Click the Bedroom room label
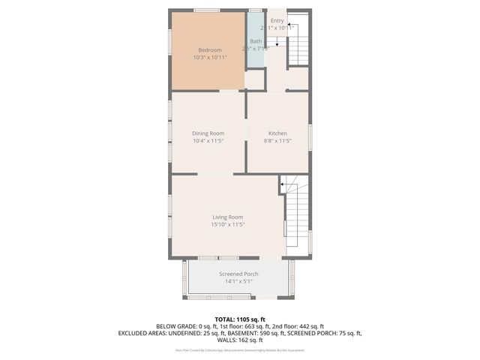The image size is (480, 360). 210,49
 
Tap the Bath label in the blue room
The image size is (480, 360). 256,41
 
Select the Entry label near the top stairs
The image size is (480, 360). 277,21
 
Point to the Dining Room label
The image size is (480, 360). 208,133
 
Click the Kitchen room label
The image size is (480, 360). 277,133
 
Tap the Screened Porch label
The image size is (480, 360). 238,274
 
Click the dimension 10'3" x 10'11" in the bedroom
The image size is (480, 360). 210,57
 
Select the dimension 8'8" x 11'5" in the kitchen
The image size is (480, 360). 277,140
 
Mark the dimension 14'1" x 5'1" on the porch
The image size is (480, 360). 238,281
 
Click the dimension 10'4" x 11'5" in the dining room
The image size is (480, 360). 208,140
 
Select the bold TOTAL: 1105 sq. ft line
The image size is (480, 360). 239,319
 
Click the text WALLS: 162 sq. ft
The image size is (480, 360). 239,340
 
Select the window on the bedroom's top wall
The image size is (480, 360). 207,10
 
